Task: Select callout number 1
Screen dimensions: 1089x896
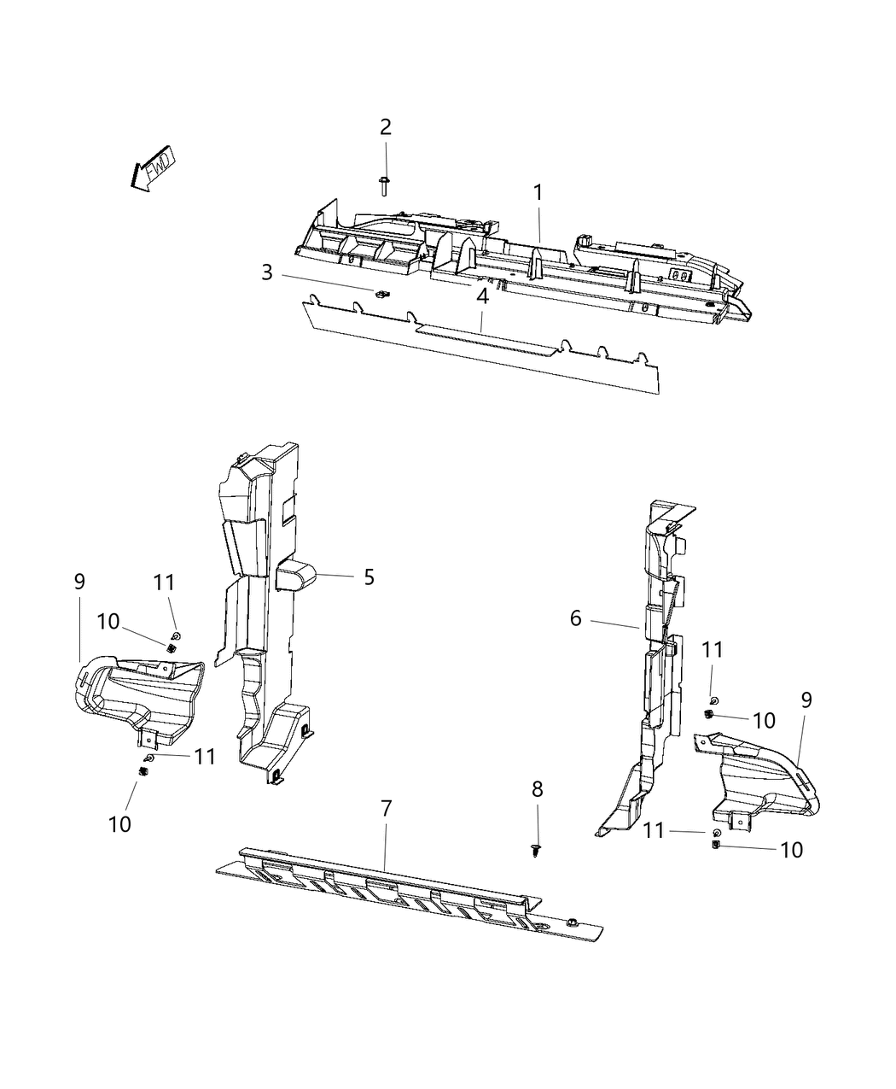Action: click(x=538, y=193)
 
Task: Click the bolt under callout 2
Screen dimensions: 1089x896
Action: click(x=385, y=184)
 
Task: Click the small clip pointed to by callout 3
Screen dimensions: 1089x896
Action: click(x=381, y=294)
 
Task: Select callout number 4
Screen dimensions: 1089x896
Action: click(x=483, y=296)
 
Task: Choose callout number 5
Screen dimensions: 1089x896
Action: click(x=369, y=577)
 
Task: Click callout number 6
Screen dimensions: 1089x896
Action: click(x=576, y=618)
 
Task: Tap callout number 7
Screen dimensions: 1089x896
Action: click(x=387, y=808)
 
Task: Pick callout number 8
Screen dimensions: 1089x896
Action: click(x=537, y=790)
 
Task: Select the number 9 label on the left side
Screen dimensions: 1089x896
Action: click(x=79, y=582)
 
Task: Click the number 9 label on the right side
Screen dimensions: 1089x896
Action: click(x=806, y=700)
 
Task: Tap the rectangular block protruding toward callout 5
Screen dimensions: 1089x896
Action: click(x=295, y=577)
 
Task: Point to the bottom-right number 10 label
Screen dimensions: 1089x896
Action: click(x=791, y=850)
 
